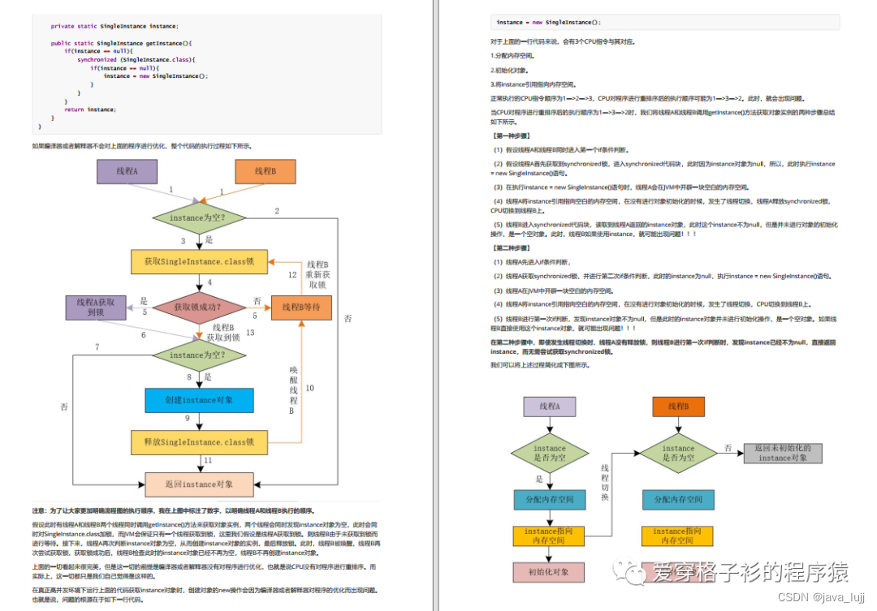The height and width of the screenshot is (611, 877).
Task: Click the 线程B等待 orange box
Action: point(301,308)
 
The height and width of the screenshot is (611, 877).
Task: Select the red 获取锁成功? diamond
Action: point(199,308)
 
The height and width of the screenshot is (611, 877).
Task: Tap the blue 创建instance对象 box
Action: point(199,400)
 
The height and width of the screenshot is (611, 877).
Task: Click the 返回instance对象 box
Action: point(199,484)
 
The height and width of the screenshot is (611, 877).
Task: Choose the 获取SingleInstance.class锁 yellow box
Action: point(199,261)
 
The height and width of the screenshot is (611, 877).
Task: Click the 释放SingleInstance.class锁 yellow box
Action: point(199,442)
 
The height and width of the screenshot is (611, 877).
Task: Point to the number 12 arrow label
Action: point(292,275)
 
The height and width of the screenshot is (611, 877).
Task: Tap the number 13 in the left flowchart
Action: point(250,333)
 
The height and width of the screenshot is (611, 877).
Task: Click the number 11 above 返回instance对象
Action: point(208,461)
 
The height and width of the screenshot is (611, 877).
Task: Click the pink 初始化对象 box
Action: point(549,572)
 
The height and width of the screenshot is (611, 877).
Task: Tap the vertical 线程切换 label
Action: point(605,483)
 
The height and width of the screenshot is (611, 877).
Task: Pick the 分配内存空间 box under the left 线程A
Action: point(549,500)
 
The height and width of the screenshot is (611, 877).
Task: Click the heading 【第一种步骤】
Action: point(512,136)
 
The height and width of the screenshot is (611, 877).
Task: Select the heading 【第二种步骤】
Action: point(512,247)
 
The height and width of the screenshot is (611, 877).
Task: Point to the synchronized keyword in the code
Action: point(97,59)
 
